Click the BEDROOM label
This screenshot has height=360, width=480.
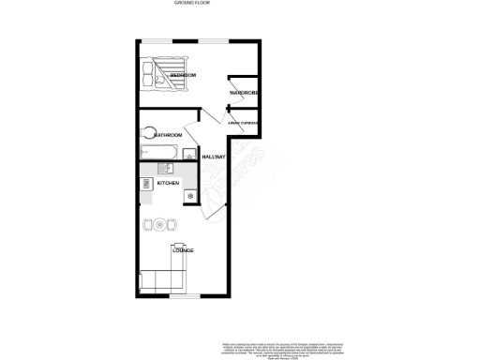[x=183, y=75]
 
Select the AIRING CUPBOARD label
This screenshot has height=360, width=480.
[x=244, y=123]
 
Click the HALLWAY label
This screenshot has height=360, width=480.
[x=215, y=157]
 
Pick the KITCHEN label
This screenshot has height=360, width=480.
[x=168, y=184]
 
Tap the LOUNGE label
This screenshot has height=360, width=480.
[x=183, y=251]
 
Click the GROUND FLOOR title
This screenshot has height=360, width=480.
[x=192, y=4]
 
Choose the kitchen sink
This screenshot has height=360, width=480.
[x=161, y=168]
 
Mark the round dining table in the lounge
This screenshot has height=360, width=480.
[x=159, y=225]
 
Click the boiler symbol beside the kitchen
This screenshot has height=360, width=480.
[x=190, y=195]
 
